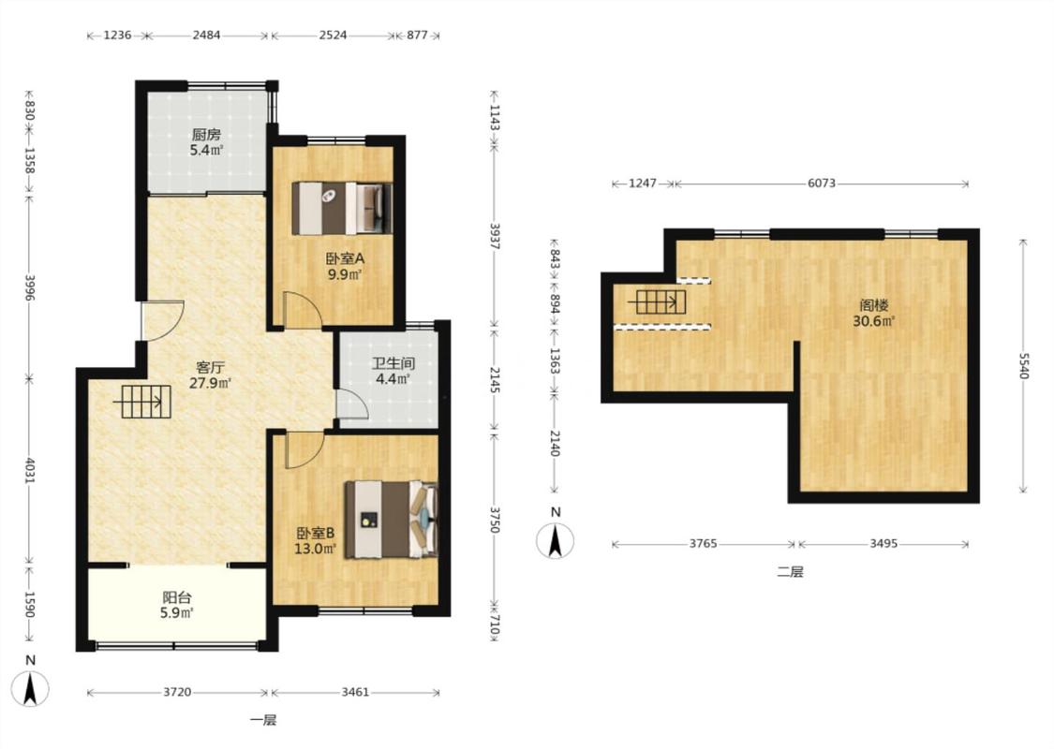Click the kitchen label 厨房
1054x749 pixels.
click(x=206, y=134)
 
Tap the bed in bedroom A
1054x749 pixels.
click(x=341, y=208)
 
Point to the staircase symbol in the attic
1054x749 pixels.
click(x=658, y=302)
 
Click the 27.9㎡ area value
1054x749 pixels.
click(x=211, y=384)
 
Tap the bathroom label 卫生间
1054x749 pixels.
click(x=393, y=363)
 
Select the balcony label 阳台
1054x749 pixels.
click(x=177, y=596)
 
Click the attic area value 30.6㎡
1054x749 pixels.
click(x=874, y=321)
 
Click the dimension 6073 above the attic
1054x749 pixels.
click(x=822, y=183)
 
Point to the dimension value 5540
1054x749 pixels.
click(x=1023, y=366)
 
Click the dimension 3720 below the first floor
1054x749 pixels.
click(x=177, y=692)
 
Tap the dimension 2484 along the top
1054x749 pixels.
click(x=206, y=35)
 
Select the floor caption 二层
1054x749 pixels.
click(x=790, y=572)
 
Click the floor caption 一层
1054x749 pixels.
click(x=263, y=721)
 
